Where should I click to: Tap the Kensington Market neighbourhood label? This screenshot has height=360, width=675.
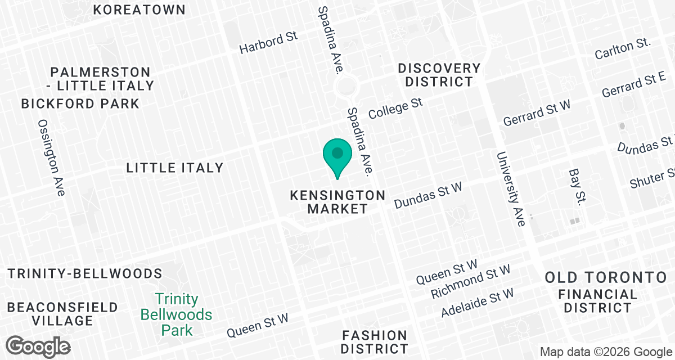[x=337, y=202]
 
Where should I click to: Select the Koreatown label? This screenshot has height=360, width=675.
[x=139, y=10]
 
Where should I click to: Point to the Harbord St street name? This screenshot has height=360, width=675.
[x=268, y=43]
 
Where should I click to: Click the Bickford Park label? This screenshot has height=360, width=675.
[x=80, y=104]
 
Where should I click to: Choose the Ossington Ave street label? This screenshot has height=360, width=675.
[x=52, y=157]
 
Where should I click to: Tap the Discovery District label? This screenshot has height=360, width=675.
[x=439, y=75]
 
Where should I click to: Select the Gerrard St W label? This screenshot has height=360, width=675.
[x=537, y=113]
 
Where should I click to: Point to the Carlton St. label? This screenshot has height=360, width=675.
[x=623, y=49]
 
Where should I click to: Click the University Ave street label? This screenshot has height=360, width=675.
[x=511, y=188]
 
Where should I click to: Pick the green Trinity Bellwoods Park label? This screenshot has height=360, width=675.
[x=177, y=314]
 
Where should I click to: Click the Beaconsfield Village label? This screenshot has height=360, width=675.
[x=62, y=314]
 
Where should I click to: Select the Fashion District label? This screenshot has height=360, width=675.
[x=374, y=342]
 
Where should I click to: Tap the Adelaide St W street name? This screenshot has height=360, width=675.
[x=478, y=303]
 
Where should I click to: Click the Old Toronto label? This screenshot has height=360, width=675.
[x=605, y=277]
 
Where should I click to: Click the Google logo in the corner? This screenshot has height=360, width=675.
[x=38, y=345]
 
